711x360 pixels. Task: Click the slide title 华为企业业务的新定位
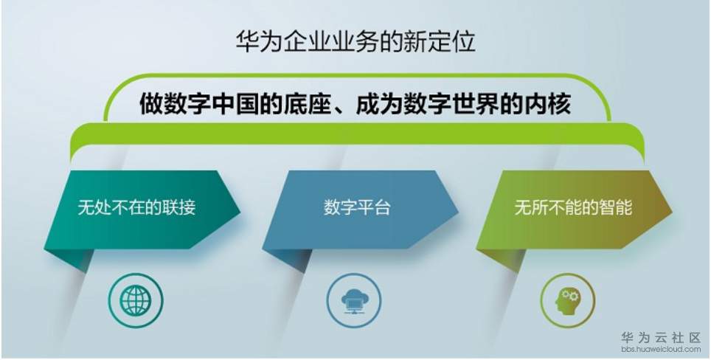(355, 43)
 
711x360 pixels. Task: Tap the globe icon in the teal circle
(136, 300)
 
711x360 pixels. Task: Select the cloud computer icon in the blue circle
(354, 300)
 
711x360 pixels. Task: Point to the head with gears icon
(566, 300)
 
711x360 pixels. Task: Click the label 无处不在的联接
(136, 208)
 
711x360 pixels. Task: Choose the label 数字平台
(357, 208)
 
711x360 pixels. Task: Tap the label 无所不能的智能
(573, 208)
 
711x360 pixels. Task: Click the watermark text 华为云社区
(661, 338)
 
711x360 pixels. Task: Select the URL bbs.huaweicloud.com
(661, 350)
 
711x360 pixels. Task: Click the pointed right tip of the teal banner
(240, 211)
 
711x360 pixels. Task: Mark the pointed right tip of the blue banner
(459, 211)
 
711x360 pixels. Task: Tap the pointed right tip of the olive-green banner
(672, 211)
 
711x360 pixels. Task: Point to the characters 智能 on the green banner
(617, 208)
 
